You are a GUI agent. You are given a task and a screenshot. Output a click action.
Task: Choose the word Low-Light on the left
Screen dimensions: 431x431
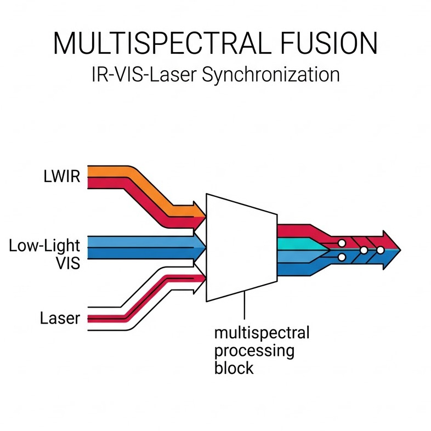coord(44,246)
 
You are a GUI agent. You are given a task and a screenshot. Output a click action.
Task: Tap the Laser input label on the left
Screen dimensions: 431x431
coord(60,318)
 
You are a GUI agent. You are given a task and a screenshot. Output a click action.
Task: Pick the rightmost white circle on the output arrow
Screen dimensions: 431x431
coord(379,250)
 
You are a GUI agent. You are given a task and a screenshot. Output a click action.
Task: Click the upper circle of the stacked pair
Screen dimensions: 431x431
coord(341,242)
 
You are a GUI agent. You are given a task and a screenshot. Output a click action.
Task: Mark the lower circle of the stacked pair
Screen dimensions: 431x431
coord(341,257)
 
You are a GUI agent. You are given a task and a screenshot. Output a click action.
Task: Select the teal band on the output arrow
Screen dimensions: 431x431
coord(296,243)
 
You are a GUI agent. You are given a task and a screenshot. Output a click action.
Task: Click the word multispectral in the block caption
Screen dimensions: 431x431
coord(262,333)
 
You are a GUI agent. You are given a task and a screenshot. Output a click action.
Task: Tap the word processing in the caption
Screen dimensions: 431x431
coord(254,350)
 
